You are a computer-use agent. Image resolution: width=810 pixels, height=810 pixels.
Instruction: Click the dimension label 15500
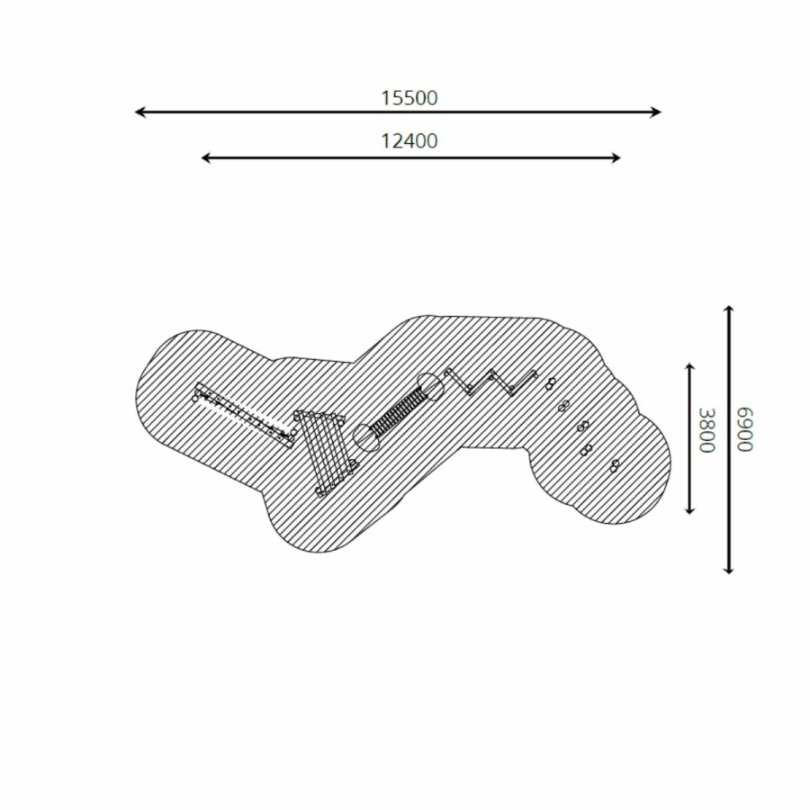point(409,98)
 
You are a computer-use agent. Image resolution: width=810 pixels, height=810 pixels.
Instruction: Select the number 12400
point(409,141)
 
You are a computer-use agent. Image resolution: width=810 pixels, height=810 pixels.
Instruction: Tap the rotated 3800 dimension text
point(706,430)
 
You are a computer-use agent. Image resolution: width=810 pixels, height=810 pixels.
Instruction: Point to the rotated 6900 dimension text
point(745,430)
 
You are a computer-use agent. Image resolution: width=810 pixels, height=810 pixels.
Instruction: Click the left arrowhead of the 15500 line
point(139,112)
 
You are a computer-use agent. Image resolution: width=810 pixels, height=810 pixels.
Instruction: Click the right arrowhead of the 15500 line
point(656,112)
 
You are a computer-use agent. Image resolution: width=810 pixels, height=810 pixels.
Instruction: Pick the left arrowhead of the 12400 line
point(206,157)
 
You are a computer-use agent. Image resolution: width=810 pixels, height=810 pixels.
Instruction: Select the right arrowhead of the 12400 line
point(616,157)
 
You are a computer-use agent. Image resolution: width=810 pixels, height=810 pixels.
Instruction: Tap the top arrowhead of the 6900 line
point(728,310)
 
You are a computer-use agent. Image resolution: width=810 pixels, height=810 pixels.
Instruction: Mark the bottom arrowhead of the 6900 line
point(728,569)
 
